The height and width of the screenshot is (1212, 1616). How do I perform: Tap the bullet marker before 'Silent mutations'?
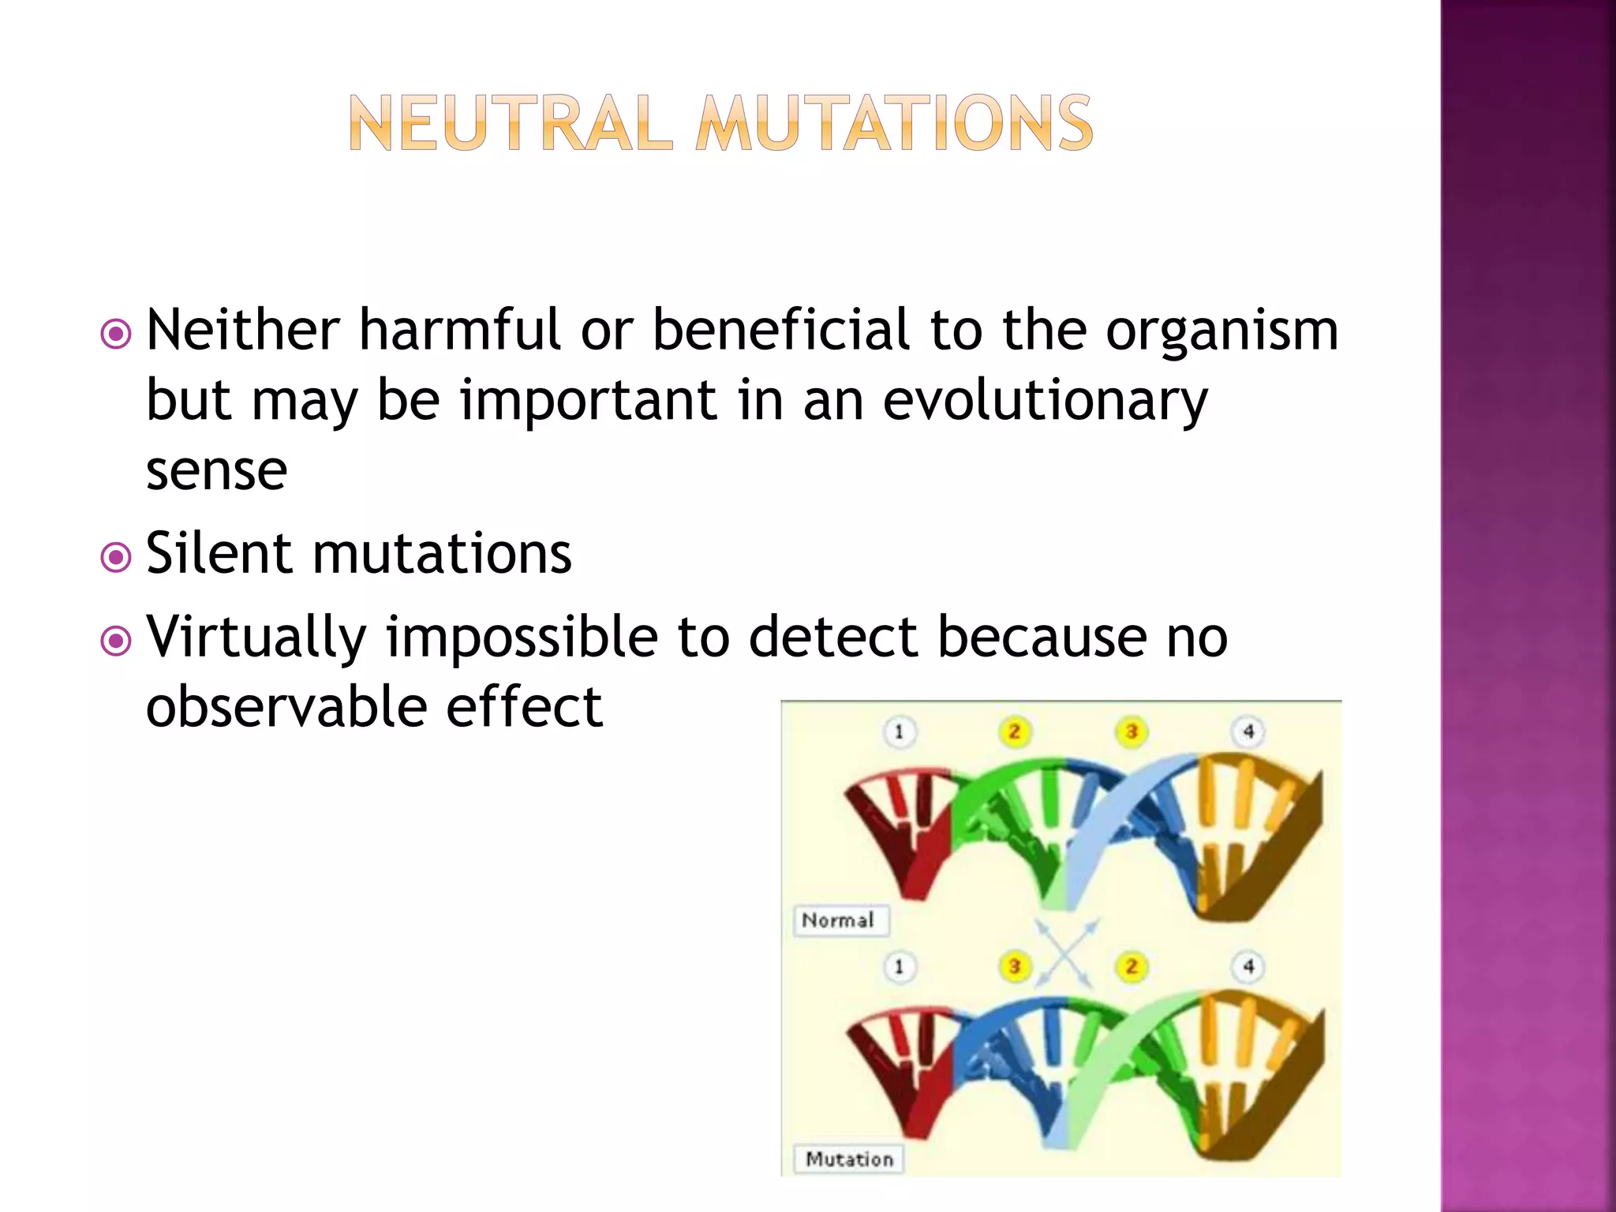point(116,558)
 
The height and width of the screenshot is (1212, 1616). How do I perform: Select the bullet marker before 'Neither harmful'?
point(116,334)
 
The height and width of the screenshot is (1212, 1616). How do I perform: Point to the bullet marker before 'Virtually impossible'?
point(116,641)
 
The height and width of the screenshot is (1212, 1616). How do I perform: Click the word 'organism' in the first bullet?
point(1221,331)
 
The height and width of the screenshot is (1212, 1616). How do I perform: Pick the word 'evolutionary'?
point(1045,401)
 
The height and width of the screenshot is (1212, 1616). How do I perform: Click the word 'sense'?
point(216,470)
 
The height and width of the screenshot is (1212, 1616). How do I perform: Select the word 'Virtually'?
point(257,636)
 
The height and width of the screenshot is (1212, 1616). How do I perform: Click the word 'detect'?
point(832,636)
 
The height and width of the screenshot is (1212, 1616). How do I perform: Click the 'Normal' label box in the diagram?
point(840,920)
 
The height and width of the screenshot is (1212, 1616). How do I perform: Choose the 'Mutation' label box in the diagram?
point(849,1159)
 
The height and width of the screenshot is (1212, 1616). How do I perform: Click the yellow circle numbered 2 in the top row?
point(1014,731)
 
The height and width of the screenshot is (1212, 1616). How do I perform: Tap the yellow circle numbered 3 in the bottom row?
point(1014,966)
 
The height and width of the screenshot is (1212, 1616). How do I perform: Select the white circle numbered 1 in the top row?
point(898,731)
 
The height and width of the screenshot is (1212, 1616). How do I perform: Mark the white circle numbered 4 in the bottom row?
point(1248,966)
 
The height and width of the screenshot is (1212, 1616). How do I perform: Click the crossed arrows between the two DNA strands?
point(1065,953)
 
